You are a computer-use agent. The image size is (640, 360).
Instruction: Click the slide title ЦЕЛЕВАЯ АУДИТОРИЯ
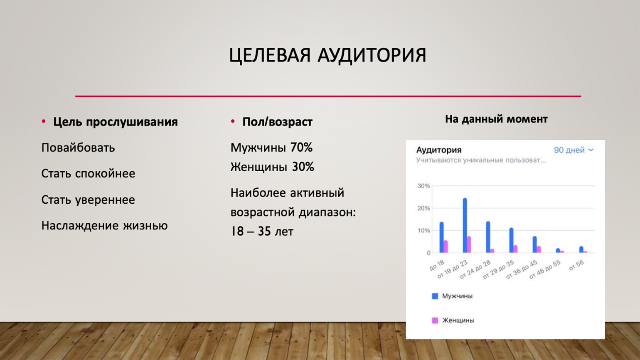327,55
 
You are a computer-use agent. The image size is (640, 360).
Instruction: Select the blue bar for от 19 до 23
465,225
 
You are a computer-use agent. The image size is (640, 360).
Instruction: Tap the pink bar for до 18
446,247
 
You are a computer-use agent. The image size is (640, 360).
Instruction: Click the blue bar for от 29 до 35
511,240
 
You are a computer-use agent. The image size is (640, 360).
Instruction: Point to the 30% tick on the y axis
423,186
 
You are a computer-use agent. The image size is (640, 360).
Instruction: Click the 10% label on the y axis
423,231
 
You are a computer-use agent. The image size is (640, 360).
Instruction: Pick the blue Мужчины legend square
435,296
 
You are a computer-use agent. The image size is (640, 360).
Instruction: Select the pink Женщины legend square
435,320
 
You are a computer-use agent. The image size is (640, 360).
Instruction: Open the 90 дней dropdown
574,150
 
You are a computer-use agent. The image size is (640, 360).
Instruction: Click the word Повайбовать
78,148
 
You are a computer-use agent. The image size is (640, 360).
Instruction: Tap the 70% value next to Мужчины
301,148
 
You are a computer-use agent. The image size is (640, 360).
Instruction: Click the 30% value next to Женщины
303,167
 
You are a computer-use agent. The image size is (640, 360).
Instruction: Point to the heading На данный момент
496,119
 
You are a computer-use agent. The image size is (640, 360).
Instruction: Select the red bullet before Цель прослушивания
44,121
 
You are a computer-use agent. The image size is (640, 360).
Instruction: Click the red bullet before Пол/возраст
233,121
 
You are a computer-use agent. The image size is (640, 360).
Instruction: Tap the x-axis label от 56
576,266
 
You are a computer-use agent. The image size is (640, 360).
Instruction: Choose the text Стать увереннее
88,200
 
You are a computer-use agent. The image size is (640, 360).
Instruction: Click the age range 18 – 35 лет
262,231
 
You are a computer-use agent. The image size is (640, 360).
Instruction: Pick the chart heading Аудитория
439,150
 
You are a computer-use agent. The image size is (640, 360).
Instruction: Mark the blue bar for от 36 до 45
534,244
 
